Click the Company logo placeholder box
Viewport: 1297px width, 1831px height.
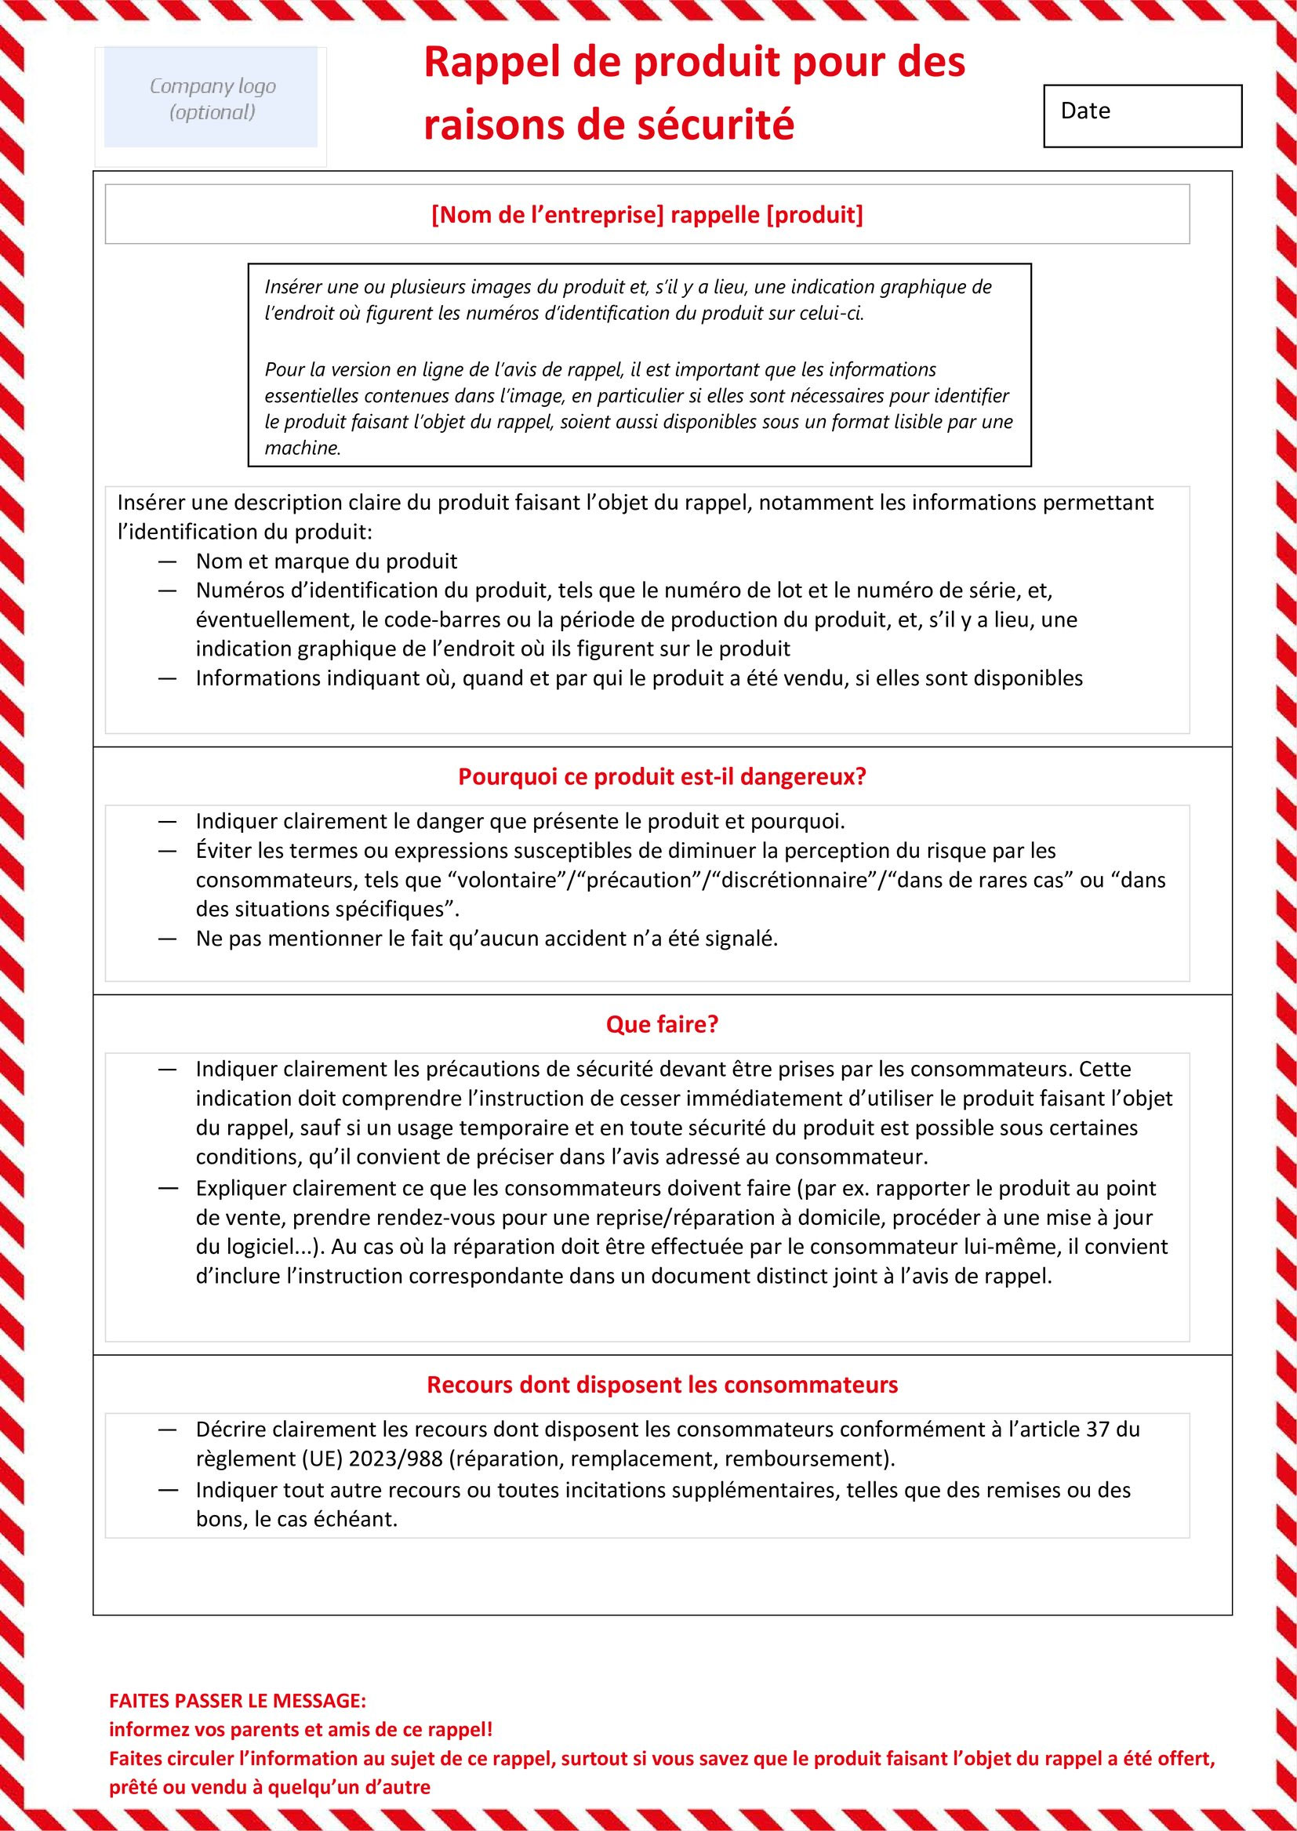point(211,98)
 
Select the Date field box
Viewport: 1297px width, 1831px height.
point(1142,116)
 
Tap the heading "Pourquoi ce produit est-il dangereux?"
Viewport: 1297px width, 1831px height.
point(662,777)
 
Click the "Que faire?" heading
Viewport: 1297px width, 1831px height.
point(662,1025)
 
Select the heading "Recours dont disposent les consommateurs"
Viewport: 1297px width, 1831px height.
point(662,1384)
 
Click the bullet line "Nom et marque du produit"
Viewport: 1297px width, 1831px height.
point(327,561)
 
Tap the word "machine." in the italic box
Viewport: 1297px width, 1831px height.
point(303,448)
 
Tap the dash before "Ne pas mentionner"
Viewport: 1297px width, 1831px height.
point(167,939)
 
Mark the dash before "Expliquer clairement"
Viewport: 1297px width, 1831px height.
point(167,1188)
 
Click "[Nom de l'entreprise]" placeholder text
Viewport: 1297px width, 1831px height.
point(547,215)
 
